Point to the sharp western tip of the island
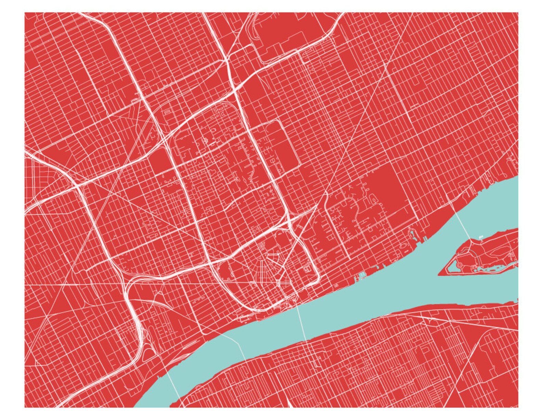point(440,274)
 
